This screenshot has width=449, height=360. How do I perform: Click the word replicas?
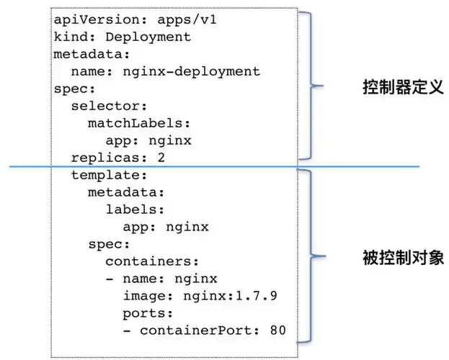click(105, 158)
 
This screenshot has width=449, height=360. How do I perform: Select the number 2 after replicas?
click(161, 158)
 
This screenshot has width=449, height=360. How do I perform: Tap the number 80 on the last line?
click(277, 330)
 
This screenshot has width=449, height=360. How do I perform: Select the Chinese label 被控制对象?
click(401, 258)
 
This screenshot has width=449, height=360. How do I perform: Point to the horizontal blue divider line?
click(360, 167)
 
